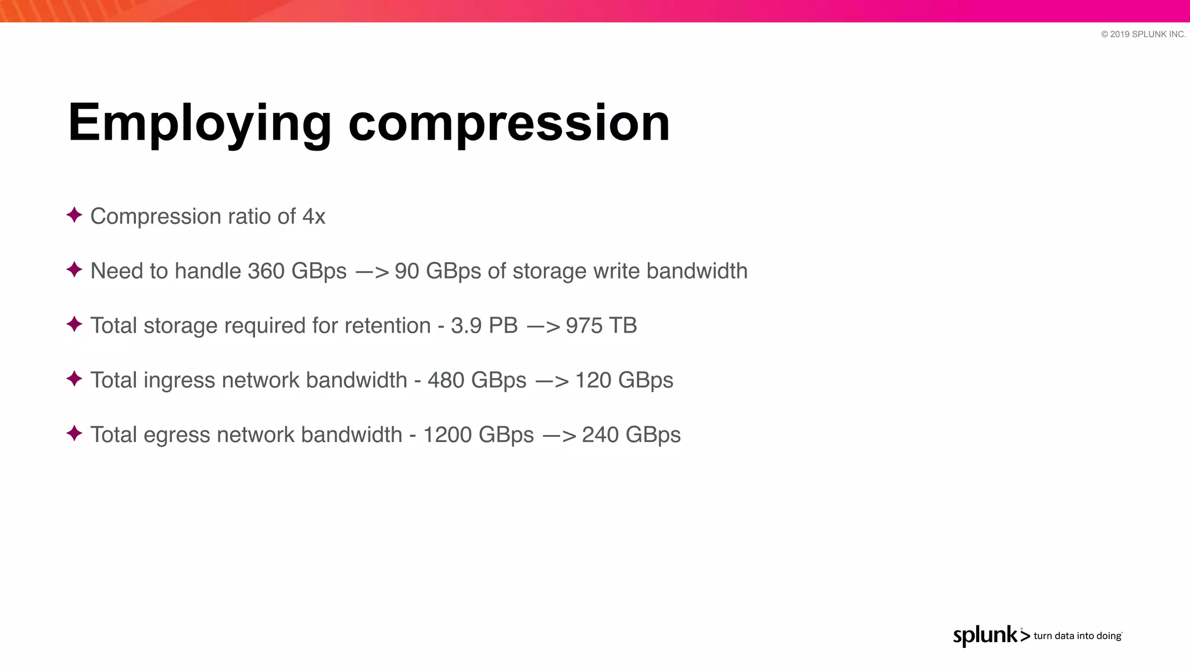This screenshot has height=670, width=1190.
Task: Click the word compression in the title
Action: [x=509, y=123]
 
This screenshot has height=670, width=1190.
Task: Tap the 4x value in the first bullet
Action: [x=314, y=216]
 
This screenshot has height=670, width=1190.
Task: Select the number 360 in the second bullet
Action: [x=266, y=271]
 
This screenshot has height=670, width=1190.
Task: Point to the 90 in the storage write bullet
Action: [x=407, y=271]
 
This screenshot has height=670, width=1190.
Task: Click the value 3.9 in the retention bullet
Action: [x=466, y=326]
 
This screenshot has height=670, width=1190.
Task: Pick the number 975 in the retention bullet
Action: [x=584, y=326]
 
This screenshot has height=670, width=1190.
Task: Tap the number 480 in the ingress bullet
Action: [x=446, y=380]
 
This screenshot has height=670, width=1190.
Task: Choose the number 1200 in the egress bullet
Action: [x=448, y=435]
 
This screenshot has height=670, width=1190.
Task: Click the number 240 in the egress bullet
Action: [x=600, y=435]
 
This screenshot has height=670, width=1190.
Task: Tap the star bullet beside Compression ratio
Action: [x=74, y=215]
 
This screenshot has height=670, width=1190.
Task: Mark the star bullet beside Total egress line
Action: [x=74, y=433]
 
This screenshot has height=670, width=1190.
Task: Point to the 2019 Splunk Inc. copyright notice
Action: [x=1143, y=34]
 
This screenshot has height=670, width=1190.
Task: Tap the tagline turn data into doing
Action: [x=1077, y=636]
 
